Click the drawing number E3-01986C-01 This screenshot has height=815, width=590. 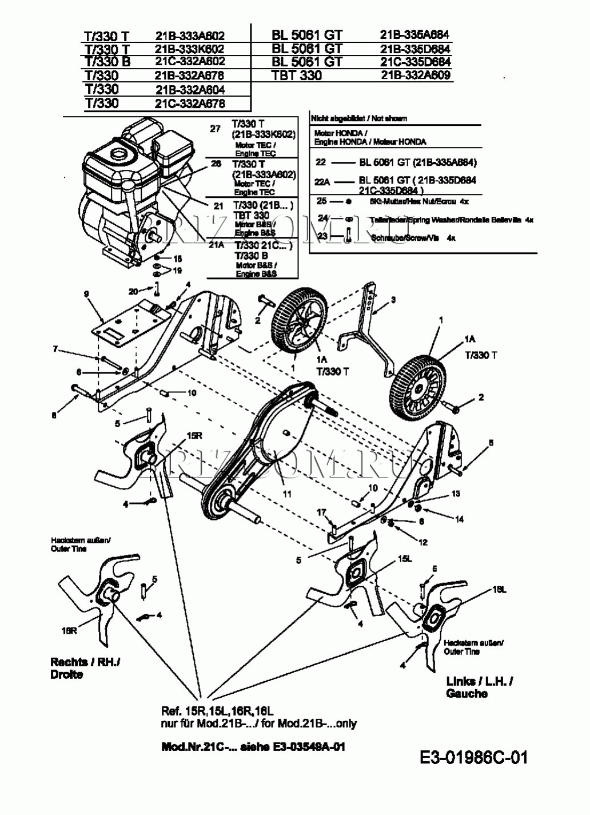473,758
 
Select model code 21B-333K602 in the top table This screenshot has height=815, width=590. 190,49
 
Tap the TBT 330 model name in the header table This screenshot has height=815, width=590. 297,75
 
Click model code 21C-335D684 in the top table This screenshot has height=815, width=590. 416,62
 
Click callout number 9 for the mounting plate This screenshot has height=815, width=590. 86,294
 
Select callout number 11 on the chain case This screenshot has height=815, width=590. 287,494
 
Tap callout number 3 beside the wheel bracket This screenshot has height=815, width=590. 393,299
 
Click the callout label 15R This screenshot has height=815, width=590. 194,435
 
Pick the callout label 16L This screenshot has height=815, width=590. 499,590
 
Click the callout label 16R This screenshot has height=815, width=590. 69,630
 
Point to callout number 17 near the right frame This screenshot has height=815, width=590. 321,512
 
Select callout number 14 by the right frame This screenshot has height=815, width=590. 459,519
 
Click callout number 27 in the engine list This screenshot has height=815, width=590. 215,129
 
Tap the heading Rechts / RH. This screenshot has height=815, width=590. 85,662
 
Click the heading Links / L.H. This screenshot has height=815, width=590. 479,681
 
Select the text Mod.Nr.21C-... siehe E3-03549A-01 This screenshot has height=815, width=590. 253,747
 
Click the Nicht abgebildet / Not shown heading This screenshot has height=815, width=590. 359,118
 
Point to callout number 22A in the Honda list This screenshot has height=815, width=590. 322,181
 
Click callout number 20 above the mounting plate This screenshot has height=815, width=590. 133,291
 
